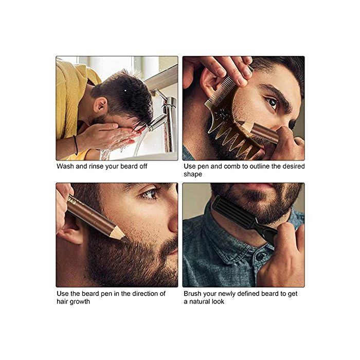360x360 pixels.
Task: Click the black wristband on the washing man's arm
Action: point(76,145)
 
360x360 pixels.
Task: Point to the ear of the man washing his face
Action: point(101,106)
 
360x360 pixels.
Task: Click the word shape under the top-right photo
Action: point(193,174)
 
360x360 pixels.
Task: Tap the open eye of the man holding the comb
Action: point(272,103)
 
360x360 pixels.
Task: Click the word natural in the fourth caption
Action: point(199,301)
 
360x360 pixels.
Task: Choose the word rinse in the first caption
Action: point(97,166)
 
